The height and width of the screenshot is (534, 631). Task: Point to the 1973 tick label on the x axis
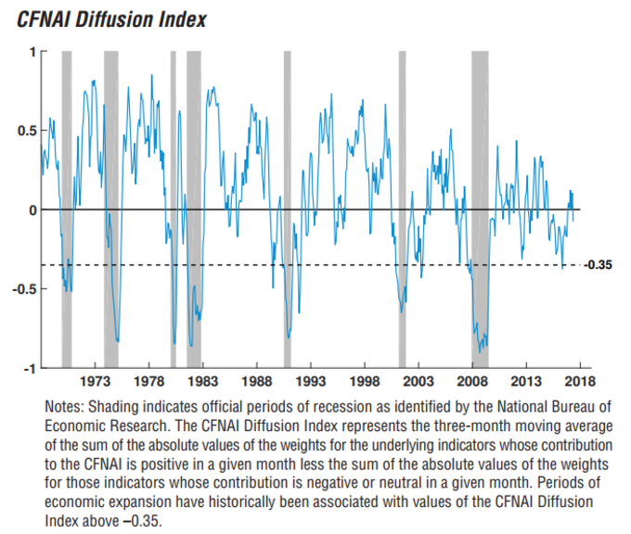pyautogui.click(x=96, y=381)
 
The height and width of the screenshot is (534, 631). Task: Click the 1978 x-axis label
pyautogui.click(x=149, y=381)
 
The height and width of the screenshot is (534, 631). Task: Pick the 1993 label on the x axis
pyautogui.click(x=311, y=381)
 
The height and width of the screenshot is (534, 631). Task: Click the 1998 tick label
pyautogui.click(x=365, y=381)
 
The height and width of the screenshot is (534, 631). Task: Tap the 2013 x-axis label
pyautogui.click(x=526, y=381)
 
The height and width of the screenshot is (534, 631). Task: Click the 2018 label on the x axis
pyautogui.click(x=580, y=381)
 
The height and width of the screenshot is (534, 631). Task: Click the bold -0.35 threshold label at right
pyautogui.click(x=599, y=265)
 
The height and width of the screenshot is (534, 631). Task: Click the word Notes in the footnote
pyautogui.click(x=63, y=407)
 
